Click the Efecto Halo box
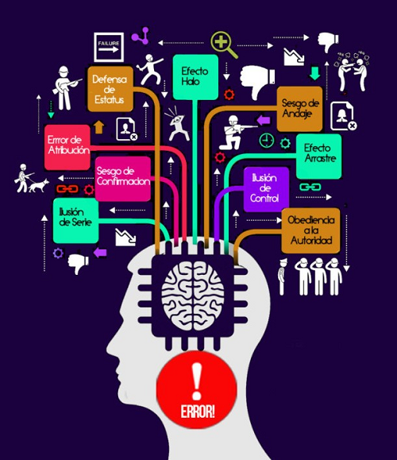[x=195, y=77]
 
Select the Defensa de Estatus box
[x=110, y=89]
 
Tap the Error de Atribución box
[x=67, y=147]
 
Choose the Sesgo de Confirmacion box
[x=123, y=179]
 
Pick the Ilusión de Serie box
[x=75, y=221]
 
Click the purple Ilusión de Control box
[x=266, y=189]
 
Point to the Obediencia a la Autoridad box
[x=310, y=230]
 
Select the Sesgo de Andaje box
[x=299, y=109]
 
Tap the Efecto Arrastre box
[x=318, y=157]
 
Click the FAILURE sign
[x=109, y=47]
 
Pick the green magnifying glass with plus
[x=224, y=44]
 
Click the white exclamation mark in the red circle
[x=197, y=381]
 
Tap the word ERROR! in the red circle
[x=198, y=412]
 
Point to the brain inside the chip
[x=193, y=296]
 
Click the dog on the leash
[x=39, y=185]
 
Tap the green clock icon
[x=267, y=141]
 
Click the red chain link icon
[x=67, y=189]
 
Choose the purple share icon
[x=141, y=36]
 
